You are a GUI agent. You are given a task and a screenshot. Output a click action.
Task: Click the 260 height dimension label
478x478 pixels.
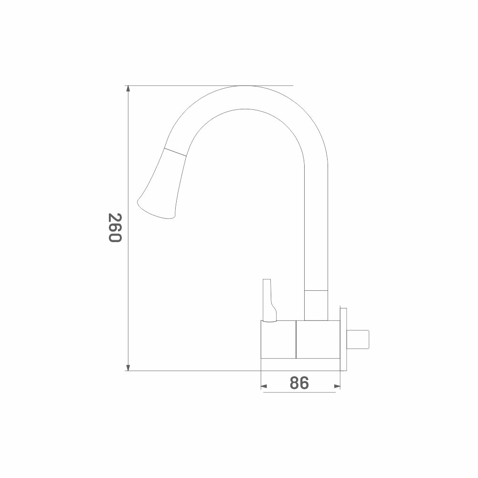[115, 228]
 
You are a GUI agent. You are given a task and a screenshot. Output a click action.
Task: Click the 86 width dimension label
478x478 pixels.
[299, 383]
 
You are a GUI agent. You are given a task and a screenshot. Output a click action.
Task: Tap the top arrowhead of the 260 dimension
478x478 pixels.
[128, 89]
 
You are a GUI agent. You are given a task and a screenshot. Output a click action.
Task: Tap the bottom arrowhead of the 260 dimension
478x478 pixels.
[128, 368]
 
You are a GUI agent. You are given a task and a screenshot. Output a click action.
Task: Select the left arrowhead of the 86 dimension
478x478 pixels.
[264, 386]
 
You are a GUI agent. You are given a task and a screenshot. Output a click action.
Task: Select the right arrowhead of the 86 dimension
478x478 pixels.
[337, 386]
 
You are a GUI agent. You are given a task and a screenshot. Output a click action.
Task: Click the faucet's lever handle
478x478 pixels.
[269, 300]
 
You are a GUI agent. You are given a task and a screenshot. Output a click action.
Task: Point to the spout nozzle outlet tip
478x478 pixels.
[156, 210]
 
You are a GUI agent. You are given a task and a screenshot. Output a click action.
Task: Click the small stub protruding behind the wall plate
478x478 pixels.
[358, 340]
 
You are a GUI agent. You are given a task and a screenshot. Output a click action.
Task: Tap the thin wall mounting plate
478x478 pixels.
[343, 340]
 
